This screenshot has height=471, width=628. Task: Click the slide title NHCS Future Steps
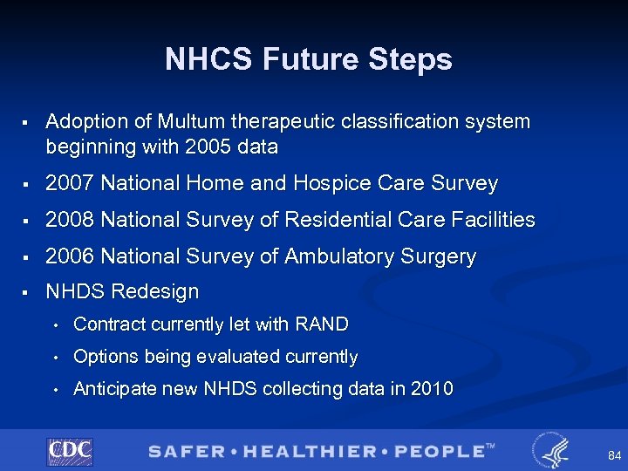(x=309, y=59)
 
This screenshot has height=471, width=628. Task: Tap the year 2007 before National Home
(x=70, y=183)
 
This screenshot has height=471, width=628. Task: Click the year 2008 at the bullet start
(x=70, y=220)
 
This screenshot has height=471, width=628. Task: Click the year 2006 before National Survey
(x=70, y=256)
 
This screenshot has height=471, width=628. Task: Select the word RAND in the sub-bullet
(x=322, y=324)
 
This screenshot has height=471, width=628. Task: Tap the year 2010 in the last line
(x=432, y=389)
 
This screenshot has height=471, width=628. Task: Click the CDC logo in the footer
(x=70, y=451)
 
